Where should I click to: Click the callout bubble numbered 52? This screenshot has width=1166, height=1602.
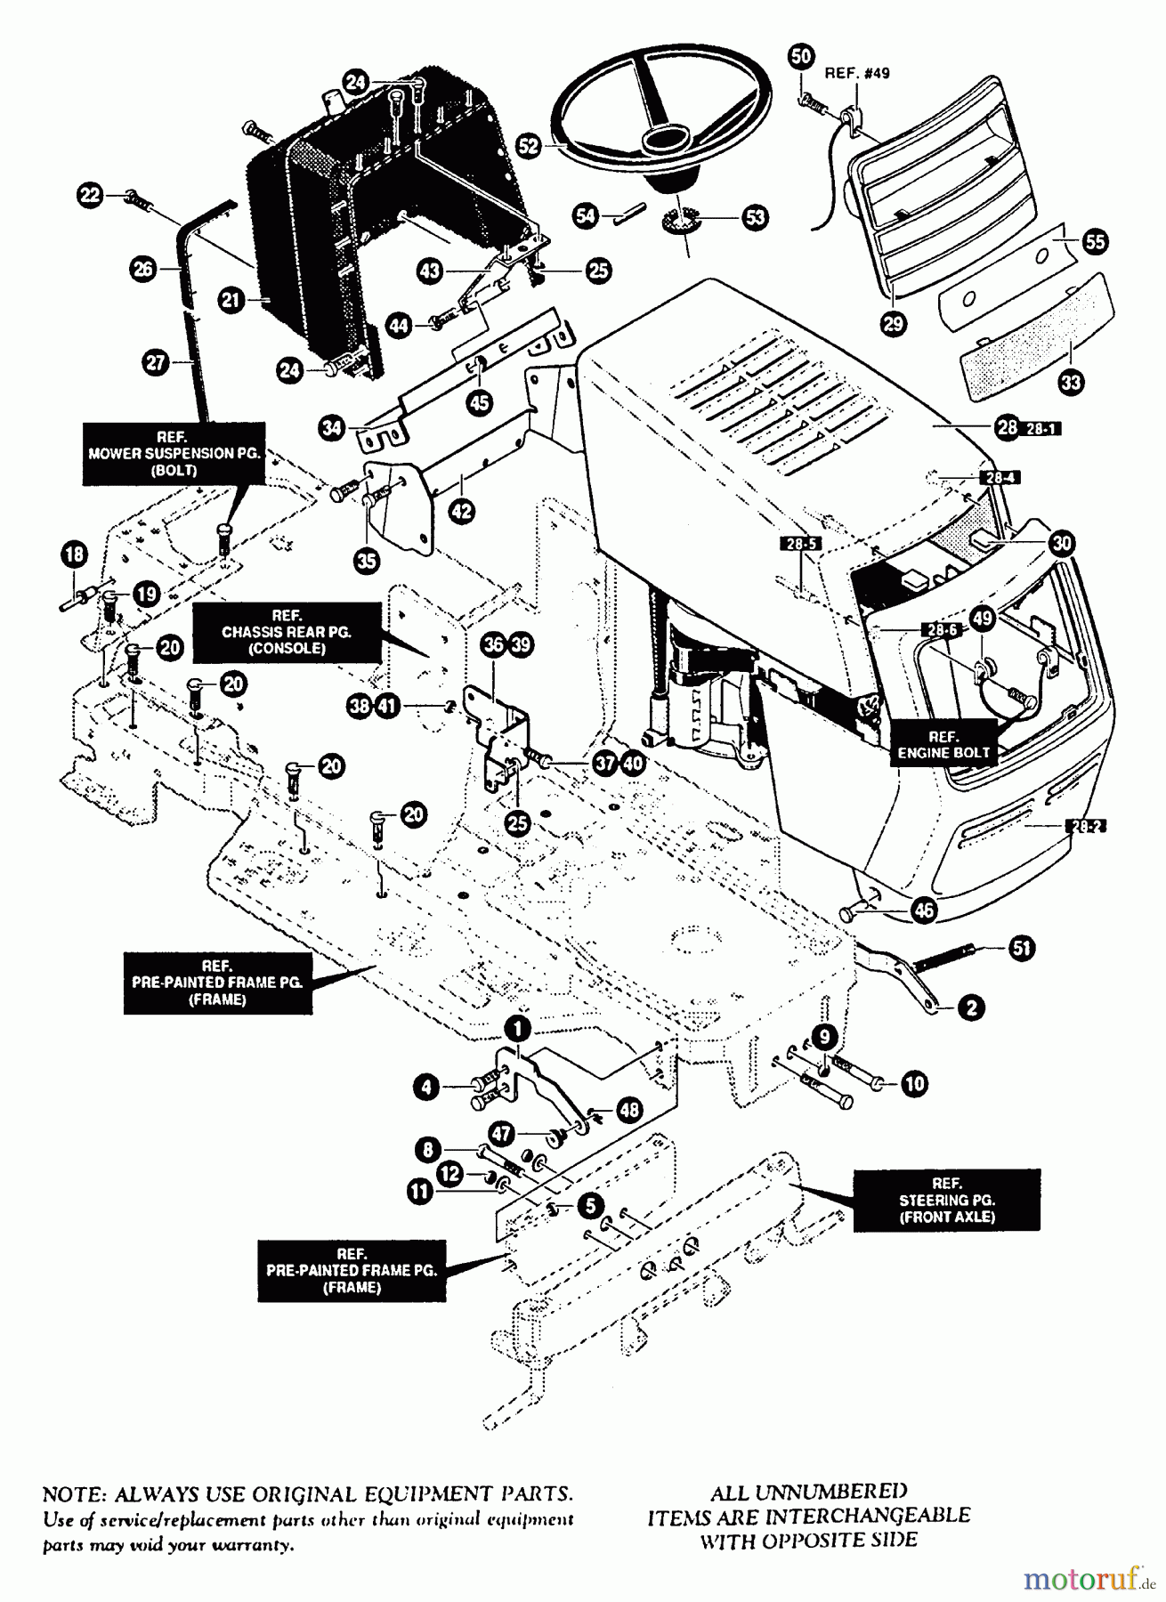click(530, 146)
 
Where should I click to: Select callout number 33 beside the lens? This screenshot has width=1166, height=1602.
click(1072, 383)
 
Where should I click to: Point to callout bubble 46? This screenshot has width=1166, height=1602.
click(924, 909)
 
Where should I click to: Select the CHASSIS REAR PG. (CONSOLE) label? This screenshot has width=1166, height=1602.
click(287, 632)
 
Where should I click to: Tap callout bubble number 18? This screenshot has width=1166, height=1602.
click(75, 555)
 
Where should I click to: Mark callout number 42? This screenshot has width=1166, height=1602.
click(462, 511)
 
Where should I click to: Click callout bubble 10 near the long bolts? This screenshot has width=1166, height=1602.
click(914, 1083)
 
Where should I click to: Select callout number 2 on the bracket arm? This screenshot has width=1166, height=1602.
click(970, 1007)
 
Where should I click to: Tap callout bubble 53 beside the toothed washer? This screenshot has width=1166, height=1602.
click(755, 217)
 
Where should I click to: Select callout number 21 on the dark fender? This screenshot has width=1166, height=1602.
click(232, 301)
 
